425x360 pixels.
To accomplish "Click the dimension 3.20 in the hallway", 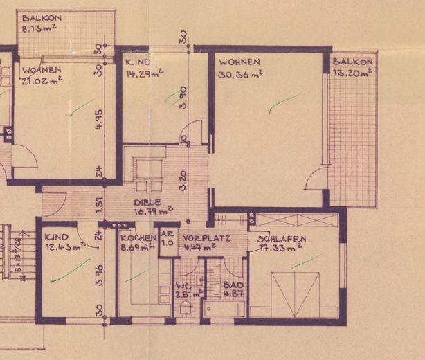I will [182, 181].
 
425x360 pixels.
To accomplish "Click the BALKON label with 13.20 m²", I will [352, 62].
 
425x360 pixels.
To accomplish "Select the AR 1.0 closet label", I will [167, 239].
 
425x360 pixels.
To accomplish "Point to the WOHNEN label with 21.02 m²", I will [42, 70].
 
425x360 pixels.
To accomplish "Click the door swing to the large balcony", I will [316, 177].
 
